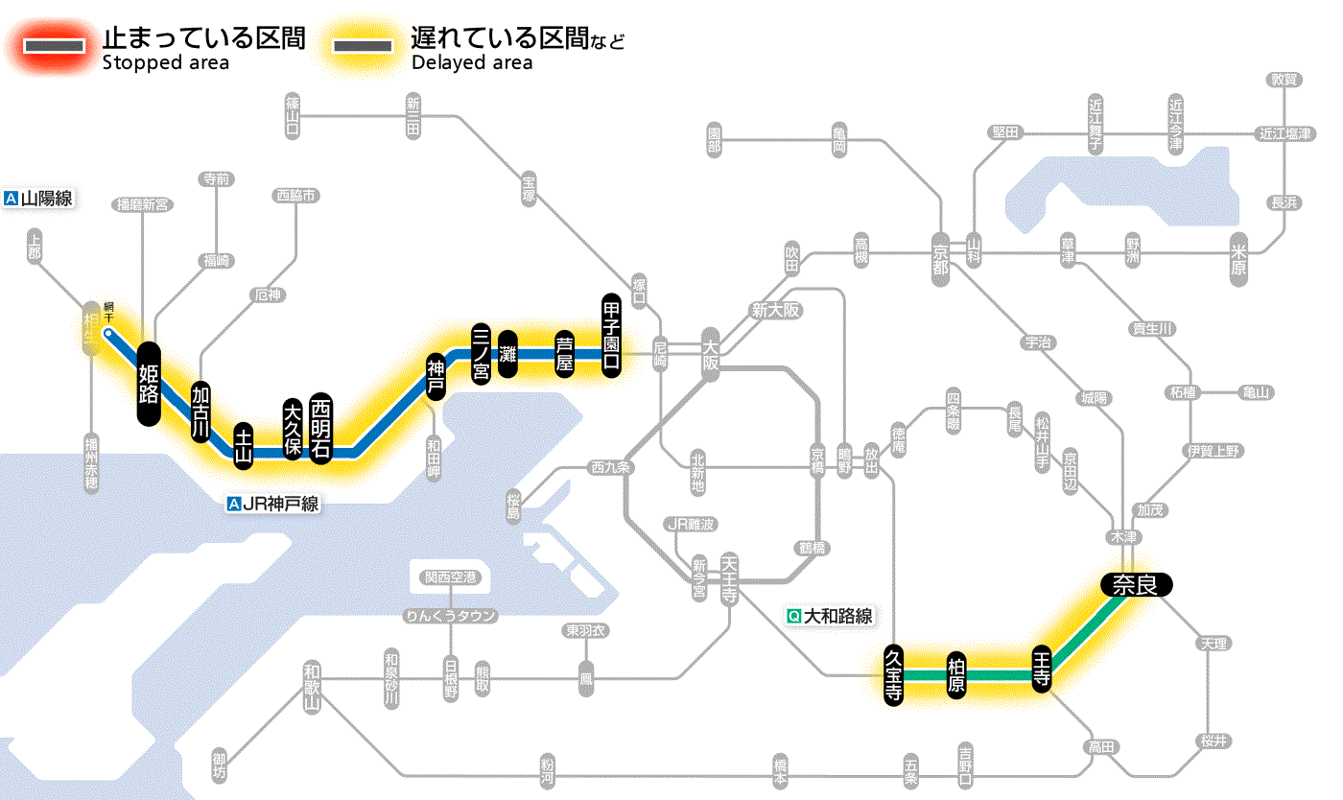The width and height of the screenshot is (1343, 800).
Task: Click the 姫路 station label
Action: (149, 384)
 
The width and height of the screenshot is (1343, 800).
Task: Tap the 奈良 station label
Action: (1136, 584)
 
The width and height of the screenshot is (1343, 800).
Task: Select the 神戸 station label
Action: (436, 377)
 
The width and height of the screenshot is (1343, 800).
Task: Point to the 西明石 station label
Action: (320, 428)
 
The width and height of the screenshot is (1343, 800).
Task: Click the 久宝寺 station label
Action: (894, 674)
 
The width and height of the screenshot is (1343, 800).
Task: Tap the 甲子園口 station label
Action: (611, 335)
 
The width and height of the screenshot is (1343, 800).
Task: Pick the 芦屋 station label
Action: (565, 355)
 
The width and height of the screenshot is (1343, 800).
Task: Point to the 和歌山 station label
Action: (311, 687)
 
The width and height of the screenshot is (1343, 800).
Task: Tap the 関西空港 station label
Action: (450, 577)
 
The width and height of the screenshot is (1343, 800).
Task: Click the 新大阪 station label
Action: (776, 311)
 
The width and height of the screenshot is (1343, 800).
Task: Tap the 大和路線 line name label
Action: (830, 617)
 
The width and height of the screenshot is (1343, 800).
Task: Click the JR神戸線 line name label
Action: (273, 504)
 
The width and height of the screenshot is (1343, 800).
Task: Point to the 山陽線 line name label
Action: (39, 200)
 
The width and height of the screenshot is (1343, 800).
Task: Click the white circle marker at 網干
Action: (108, 334)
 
